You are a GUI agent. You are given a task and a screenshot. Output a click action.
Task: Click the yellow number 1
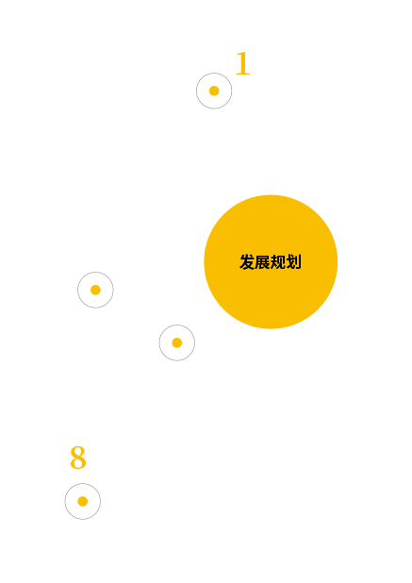(243, 63)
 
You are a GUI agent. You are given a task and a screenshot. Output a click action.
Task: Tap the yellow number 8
(78, 457)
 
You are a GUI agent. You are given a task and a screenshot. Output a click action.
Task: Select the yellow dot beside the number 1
(214, 91)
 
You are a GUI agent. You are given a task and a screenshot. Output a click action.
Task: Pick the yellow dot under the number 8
(82, 501)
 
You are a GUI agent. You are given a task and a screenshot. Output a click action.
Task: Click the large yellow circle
(271, 261)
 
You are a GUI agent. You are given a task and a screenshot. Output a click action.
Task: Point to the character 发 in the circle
(247, 261)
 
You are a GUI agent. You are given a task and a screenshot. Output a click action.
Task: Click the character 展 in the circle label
(263, 261)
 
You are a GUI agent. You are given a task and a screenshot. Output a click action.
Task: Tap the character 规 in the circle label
(278, 261)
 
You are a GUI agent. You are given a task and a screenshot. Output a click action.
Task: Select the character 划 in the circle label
(293, 261)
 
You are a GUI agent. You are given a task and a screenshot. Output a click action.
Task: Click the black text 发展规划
(271, 261)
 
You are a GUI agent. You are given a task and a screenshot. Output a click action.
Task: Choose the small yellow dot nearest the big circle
(177, 342)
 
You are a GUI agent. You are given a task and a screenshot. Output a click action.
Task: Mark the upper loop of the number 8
(78, 451)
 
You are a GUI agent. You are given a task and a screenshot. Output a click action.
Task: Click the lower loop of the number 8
(78, 462)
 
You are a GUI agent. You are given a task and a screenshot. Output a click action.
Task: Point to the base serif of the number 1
(243, 74)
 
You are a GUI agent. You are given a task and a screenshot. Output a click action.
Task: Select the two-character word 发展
(255, 261)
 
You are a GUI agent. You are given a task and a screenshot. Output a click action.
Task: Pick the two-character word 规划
(286, 261)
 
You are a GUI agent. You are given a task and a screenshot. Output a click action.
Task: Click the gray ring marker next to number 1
(196, 91)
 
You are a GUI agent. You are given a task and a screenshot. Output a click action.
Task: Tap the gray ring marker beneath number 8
(65, 501)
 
